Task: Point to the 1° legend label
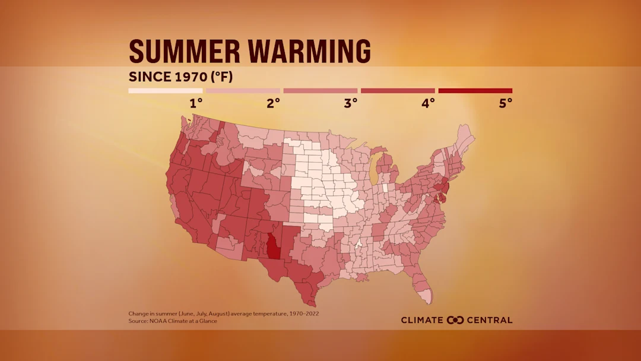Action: (196, 103)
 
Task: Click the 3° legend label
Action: (351, 103)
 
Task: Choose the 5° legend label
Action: (505, 103)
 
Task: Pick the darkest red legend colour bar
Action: (475, 91)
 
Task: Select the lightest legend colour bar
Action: (166, 91)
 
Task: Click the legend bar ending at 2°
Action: (243, 91)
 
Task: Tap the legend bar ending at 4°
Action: (398, 91)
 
